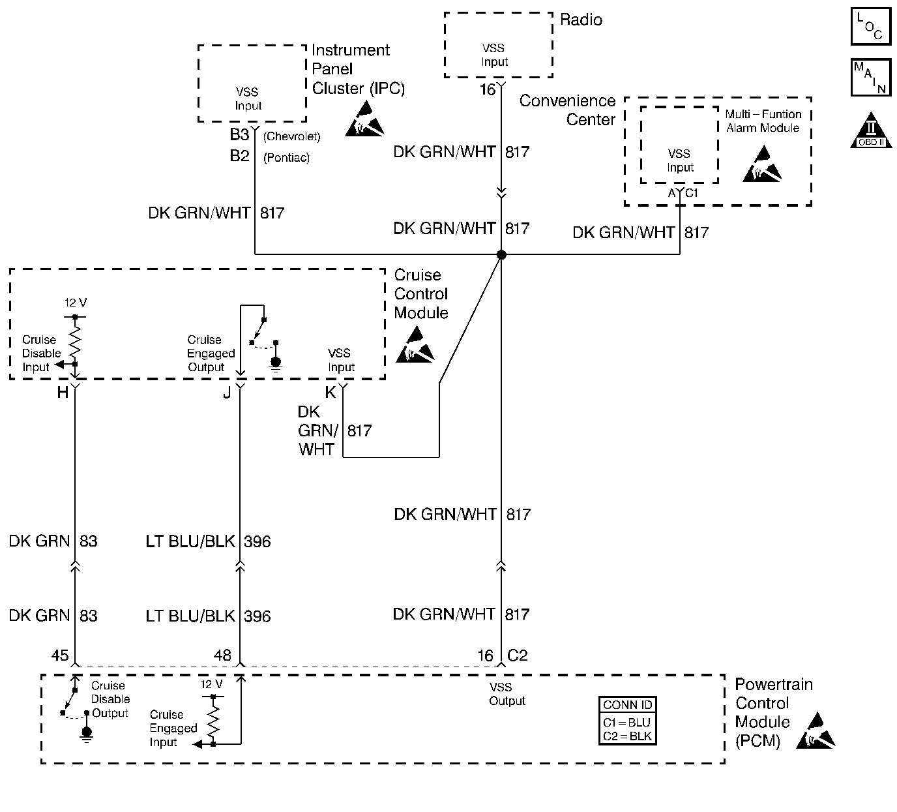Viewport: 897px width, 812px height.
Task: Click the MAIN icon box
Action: click(x=870, y=78)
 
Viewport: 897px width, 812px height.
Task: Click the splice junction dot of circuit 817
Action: click(x=501, y=254)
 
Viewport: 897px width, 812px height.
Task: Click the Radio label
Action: click(x=581, y=20)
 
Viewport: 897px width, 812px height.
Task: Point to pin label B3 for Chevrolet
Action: click(x=239, y=135)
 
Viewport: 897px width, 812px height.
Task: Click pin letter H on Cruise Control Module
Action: click(x=63, y=392)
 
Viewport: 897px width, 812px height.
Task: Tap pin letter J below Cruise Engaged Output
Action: click(x=227, y=393)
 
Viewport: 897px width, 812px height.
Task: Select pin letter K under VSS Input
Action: click(x=331, y=392)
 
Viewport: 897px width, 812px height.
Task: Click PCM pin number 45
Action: click(x=60, y=655)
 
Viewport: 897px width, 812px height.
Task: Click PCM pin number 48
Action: click(x=222, y=655)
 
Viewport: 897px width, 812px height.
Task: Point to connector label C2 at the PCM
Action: click(x=517, y=655)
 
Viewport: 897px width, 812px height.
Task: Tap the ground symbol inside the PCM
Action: click(x=87, y=733)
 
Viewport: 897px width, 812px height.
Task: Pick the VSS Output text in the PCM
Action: click(x=507, y=694)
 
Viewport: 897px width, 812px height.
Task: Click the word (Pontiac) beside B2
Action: click(x=286, y=158)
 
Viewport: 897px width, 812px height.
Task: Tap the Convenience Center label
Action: click(x=567, y=110)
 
